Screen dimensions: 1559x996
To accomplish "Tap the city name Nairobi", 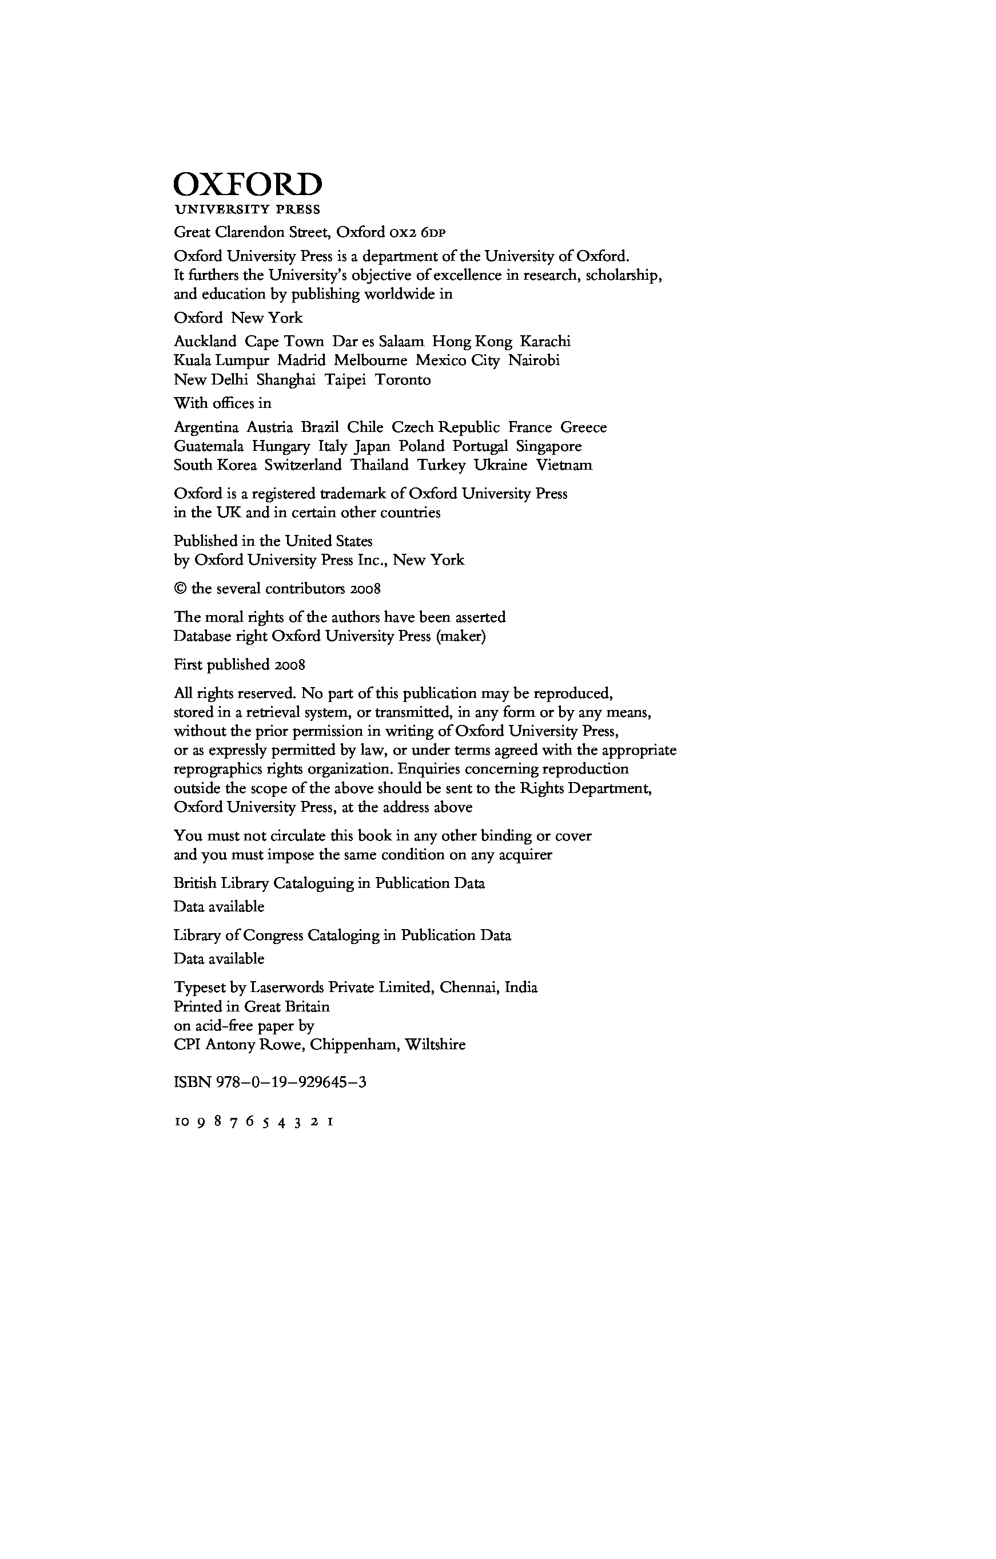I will [x=534, y=360].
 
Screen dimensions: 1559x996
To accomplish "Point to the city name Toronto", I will [x=403, y=379].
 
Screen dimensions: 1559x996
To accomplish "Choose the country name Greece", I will [x=584, y=427].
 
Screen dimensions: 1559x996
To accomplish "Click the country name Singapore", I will [x=549, y=446].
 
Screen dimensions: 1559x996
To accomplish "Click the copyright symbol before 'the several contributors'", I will [x=180, y=589].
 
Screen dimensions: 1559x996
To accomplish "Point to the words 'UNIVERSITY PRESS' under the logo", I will [x=247, y=210].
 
